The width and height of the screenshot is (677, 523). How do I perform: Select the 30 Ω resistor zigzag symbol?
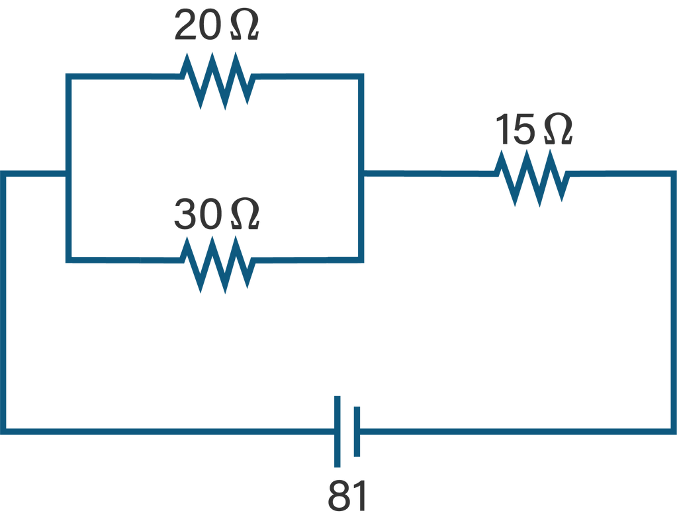point(218,264)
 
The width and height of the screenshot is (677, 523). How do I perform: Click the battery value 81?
point(347,497)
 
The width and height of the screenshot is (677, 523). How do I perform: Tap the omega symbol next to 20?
point(244,27)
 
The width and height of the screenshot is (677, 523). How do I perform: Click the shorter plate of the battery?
point(357,431)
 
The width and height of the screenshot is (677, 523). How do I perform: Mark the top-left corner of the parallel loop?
point(68,77)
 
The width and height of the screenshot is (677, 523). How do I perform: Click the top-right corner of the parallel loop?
point(361,77)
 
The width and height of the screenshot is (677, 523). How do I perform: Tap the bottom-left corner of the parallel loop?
point(68,259)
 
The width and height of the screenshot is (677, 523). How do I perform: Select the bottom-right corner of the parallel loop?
point(361,259)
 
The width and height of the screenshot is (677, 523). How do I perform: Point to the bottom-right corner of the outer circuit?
point(672,431)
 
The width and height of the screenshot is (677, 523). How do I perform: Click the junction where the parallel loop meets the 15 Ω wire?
point(361,174)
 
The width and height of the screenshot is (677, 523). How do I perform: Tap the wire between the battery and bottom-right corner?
point(516,431)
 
